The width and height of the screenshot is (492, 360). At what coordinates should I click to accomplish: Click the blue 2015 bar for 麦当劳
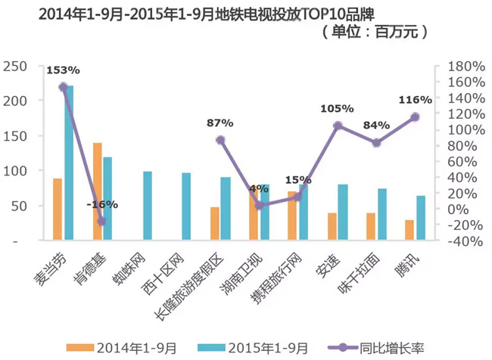point(69,163)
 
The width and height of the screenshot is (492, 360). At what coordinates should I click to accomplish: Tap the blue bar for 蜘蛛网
point(148,206)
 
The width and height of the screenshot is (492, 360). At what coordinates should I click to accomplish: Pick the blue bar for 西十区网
point(186,206)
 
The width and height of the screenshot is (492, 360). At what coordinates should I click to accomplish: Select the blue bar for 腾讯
point(421,218)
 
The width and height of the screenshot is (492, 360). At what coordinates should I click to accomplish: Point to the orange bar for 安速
point(332,226)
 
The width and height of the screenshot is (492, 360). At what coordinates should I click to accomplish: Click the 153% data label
point(63,70)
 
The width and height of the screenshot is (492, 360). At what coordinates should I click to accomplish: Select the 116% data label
point(415,99)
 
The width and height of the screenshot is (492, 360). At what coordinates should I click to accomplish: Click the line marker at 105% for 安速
point(338,126)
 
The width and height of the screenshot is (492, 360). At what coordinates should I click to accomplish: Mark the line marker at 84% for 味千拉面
point(376,143)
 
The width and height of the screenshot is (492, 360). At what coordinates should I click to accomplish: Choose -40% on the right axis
point(458,241)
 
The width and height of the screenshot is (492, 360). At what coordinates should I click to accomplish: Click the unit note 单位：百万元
point(375,33)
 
